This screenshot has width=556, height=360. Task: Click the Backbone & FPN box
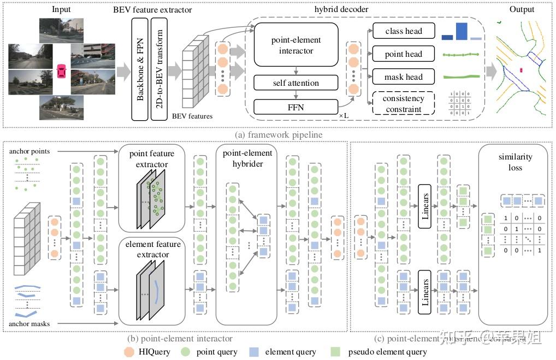140,68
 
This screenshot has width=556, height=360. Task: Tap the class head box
404,31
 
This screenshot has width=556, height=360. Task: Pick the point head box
404,54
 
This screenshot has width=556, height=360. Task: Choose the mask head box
404,76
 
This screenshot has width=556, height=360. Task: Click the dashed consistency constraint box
404,103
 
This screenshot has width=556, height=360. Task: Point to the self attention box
296,83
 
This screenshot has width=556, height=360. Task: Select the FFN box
296,107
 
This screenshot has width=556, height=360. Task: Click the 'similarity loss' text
511,162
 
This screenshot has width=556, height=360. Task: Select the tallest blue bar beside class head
462,31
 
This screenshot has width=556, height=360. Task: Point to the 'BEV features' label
192,116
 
